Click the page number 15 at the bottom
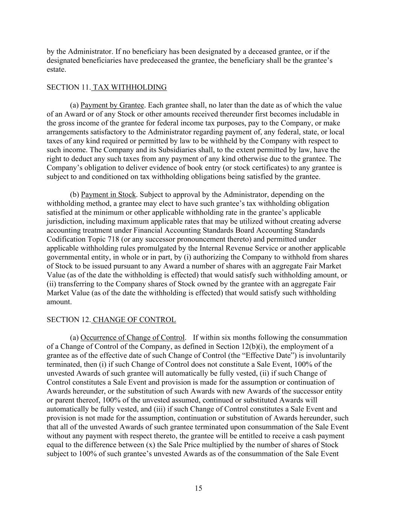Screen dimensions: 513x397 [199, 488]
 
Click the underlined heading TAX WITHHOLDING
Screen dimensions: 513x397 [129, 88]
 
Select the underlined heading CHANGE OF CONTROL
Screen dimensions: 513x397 [134, 320]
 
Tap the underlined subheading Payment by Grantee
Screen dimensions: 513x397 [113, 105]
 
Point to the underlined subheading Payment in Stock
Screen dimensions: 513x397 [108, 195]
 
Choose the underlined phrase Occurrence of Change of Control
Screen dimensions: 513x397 [133, 337]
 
